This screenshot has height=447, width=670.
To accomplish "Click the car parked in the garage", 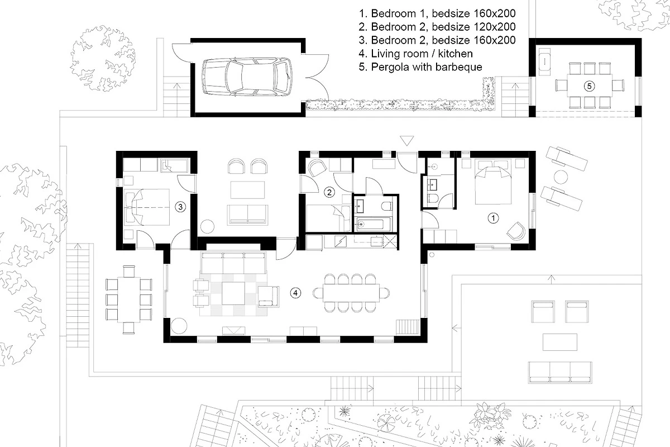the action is click(x=247, y=77).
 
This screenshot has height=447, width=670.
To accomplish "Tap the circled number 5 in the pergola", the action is click(x=589, y=86).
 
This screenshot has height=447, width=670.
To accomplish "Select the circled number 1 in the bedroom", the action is click(x=493, y=218).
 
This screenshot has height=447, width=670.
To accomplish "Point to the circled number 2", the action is click(x=329, y=192).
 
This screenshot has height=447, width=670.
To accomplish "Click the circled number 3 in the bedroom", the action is click(x=180, y=207).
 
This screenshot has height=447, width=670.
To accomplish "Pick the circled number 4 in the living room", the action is click(x=295, y=293).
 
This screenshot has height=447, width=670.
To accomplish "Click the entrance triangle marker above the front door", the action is click(x=407, y=140).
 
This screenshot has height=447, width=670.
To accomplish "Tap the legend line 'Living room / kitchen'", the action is click(x=416, y=54).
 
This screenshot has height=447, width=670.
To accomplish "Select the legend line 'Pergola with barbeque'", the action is click(x=420, y=66).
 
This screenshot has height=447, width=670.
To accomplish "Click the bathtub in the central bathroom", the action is click(x=373, y=224).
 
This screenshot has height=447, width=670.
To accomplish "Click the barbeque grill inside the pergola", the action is click(x=545, y=61).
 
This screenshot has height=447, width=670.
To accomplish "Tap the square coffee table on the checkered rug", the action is click(x=233, y=293).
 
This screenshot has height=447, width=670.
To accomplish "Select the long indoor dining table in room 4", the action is click(x=351, y=293).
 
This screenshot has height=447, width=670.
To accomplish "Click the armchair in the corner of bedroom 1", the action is click(x=516, y=231).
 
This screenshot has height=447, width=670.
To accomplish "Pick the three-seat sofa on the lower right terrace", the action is click(x=559, y=373).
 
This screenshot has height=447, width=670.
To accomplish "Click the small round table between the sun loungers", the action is click(x=561, y=177).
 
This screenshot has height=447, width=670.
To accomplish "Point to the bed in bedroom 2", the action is click(x=328, y=218).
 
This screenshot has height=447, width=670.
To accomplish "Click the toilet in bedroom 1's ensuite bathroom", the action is click(x=433, y=198).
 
